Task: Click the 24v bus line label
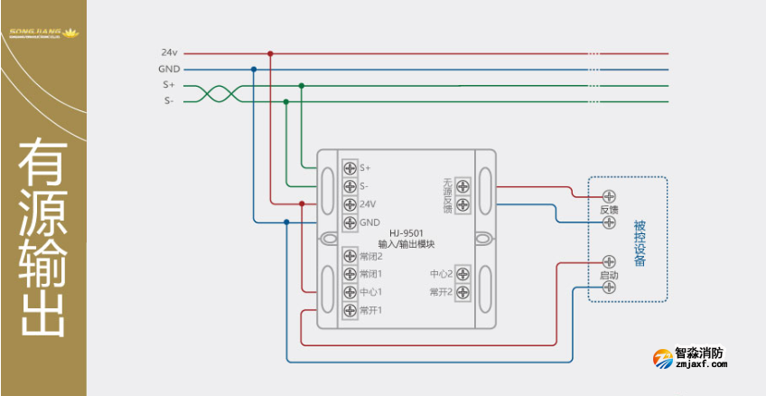[170, 53]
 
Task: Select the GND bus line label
[169, 69]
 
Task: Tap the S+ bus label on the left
[169, 85]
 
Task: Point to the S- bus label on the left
[169, 101]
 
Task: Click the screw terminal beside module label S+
[350, 168]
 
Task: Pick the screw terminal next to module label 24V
[350, 204]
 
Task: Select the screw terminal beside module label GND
[350, 222]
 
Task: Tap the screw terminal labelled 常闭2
[350, 256]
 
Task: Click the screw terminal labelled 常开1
[350, 310]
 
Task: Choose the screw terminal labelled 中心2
[462, 274]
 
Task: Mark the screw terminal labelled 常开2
[462, 292]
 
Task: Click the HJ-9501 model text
[406, 233]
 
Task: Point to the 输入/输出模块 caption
[406, 244]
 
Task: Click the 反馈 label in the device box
[609, 209]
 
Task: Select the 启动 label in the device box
[609, 274]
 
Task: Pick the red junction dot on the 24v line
[270, 53]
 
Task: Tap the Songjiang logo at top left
[42, 34]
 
